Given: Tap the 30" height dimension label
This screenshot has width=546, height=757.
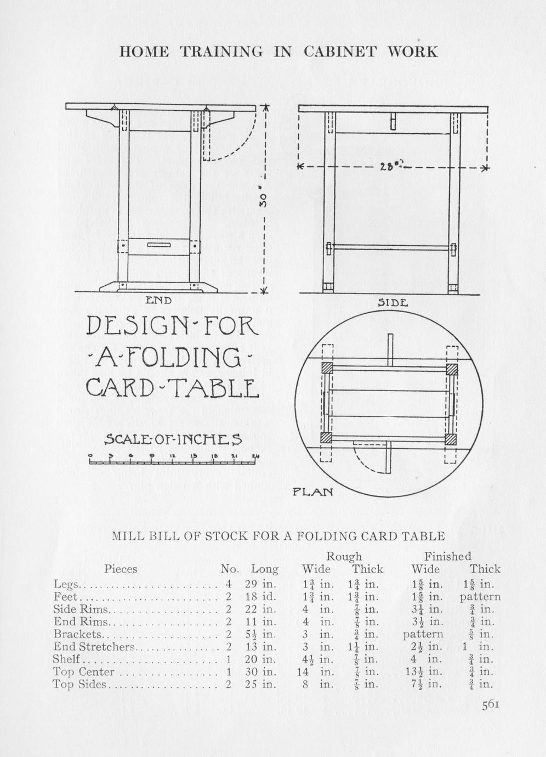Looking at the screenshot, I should [263, 199].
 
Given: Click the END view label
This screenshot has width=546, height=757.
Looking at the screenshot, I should [158, 300].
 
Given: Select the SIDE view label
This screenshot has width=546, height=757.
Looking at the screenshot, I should [393, 303].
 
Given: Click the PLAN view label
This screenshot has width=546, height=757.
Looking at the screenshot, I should [312, 492].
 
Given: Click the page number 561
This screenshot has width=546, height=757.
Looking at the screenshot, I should [490, 705].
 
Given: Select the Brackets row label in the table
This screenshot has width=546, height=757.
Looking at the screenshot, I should [78, 634].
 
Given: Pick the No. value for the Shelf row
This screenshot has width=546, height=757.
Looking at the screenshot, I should [228, 659].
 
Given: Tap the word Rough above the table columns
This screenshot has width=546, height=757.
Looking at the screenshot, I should [344, 557].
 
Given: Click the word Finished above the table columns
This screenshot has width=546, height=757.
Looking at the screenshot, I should [447, 557].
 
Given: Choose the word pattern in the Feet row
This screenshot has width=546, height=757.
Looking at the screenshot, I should [480, 596].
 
